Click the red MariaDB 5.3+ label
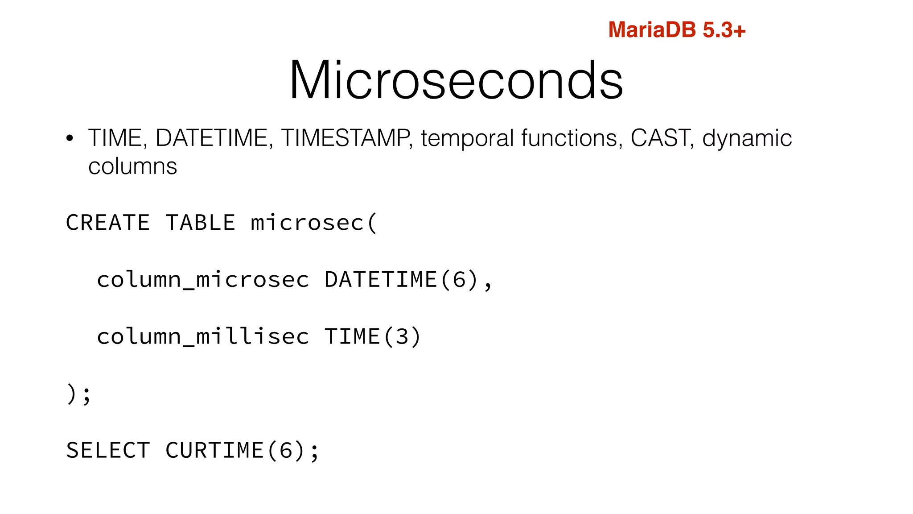(676, 30)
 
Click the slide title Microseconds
(456, 80)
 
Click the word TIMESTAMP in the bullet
(346, 138)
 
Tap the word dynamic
(747, 139)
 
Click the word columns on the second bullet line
(132, 166)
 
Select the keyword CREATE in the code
(107, 223)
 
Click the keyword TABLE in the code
(200, 223)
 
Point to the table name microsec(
(314, 223)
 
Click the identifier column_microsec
(203, 280)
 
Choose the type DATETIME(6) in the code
(407, 280)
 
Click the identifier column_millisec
(203, 337)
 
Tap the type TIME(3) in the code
(372, 337)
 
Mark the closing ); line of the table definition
(78, 394)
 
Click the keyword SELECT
(107, 450)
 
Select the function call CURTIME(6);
(242, 450)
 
